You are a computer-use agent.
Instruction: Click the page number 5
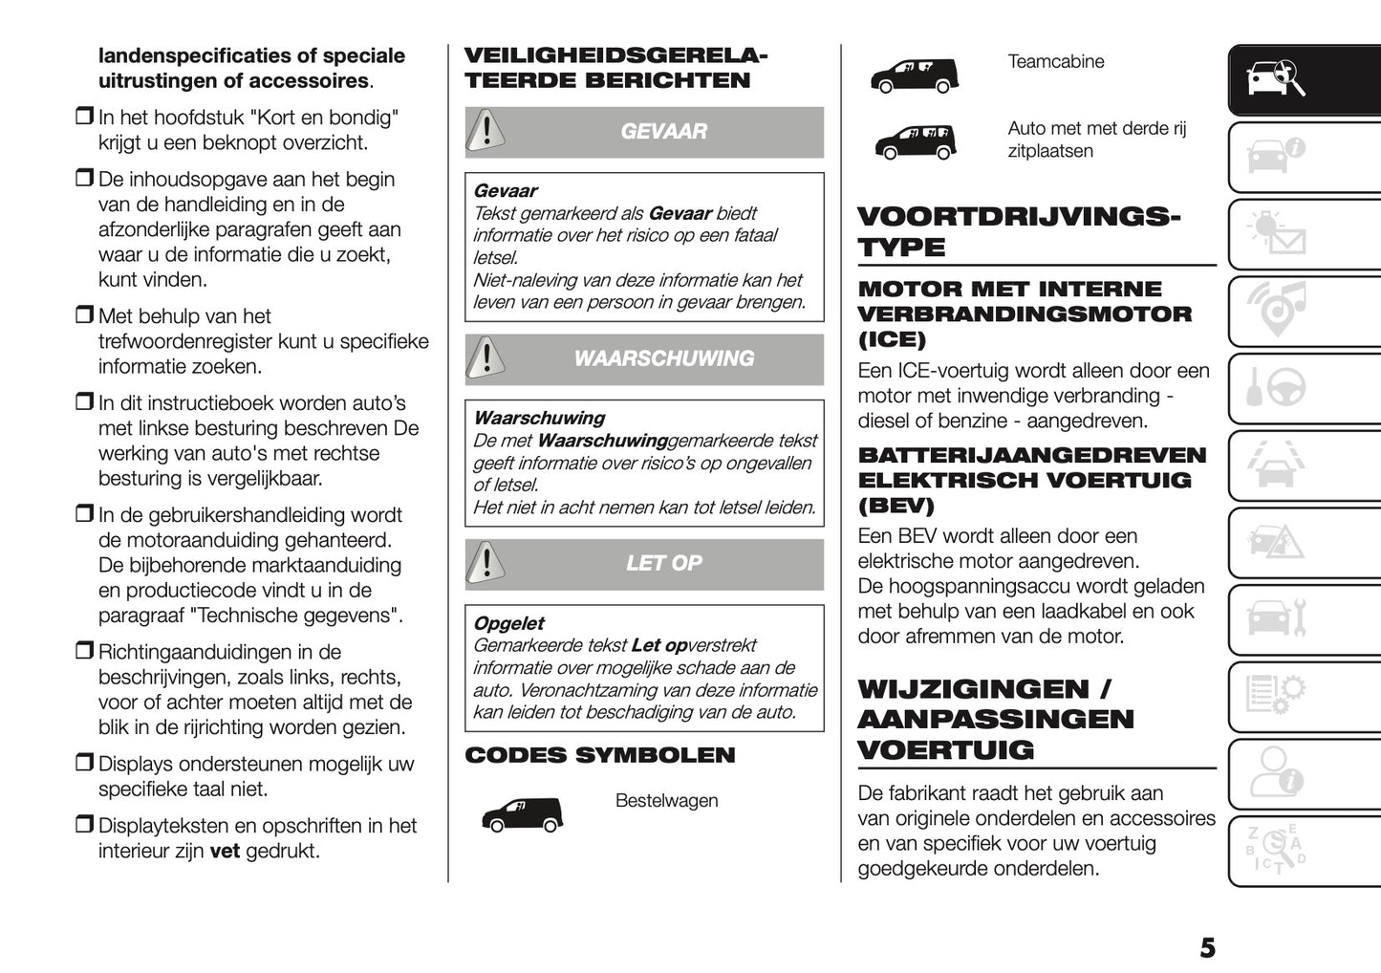[x=1207, y=947]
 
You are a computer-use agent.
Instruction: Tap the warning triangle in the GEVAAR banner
[x=486, y=131]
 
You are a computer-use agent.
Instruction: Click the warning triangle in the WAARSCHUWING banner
[x=486, y=358]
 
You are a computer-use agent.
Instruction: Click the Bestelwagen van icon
[x=522, y=815]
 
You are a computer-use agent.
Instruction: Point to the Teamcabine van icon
[x=914, y=76]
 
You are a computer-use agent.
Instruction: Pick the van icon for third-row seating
[x=915, y=142]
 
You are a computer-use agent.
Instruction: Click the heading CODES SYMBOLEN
[x=599, y=755]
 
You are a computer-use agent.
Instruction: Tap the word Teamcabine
[x=1055, y=62]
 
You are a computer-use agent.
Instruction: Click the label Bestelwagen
[x=666, y=801]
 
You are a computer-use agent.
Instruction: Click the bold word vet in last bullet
[x=225, y=851]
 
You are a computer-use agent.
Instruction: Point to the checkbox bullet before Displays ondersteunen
[x=84, y=763]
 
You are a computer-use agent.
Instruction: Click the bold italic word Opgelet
[x=508, y=623]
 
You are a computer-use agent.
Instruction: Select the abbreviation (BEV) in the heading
[x=895, y=506]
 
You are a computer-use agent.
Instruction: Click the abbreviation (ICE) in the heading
[x=892, y=339]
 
